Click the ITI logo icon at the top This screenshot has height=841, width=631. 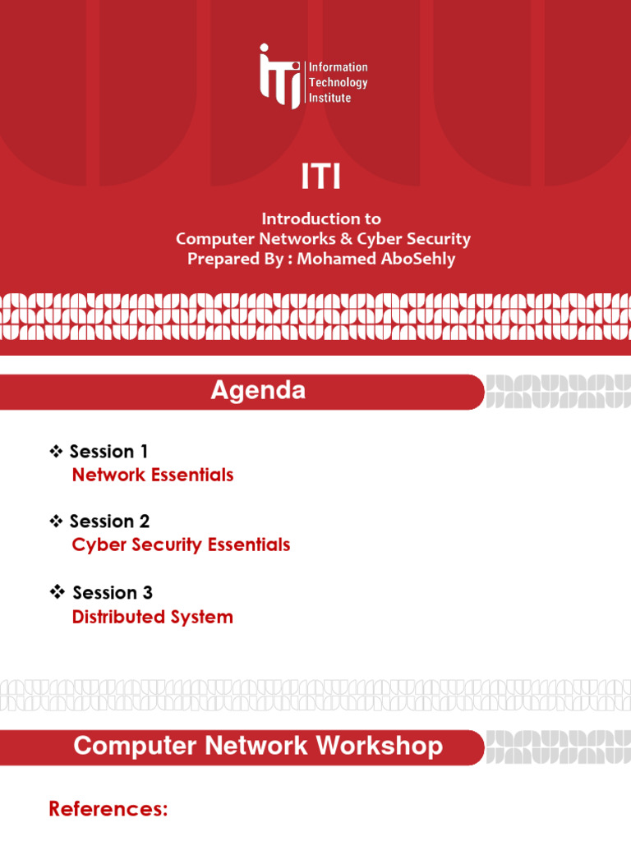279,76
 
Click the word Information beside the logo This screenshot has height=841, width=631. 338,67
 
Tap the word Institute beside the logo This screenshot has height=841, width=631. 329,98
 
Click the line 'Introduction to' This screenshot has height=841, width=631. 321,218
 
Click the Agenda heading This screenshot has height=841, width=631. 258,391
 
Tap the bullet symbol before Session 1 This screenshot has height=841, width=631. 57,451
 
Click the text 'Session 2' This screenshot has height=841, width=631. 109,522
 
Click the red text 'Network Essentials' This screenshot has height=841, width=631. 153,475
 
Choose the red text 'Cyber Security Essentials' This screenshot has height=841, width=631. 181,545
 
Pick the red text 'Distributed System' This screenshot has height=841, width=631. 153,617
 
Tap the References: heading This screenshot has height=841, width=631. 108,809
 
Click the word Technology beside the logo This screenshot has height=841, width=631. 338,82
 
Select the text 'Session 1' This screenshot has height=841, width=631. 109,451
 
